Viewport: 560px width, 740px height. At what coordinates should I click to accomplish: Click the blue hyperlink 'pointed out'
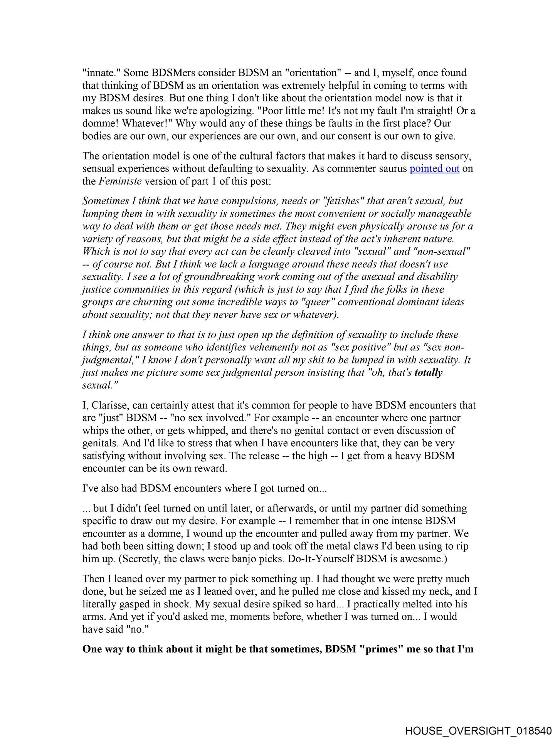pos(434,168)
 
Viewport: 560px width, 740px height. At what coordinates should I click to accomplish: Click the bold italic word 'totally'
pos(428,373)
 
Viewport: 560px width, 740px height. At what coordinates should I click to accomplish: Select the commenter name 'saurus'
pos(391,168)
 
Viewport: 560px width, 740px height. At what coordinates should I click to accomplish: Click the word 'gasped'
pos(136,604)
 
